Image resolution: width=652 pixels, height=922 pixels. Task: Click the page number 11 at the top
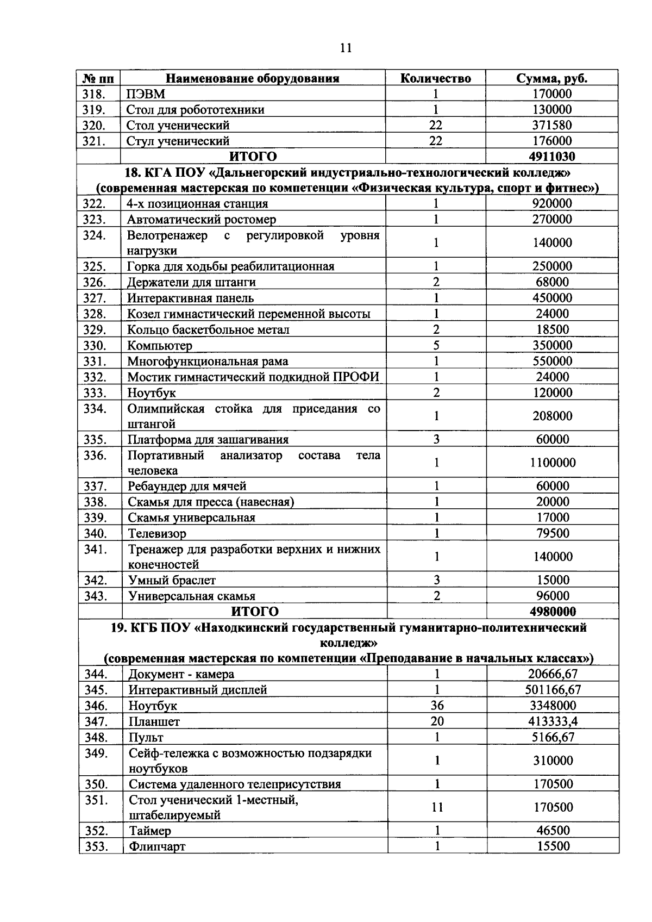point(346,48)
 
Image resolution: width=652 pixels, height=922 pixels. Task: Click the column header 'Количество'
point(435,78)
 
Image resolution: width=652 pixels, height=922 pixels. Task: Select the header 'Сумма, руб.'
point(551,78)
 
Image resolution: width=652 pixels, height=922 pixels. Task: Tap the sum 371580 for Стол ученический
point(551,126)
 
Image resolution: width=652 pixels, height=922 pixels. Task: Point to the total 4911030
point(551,157)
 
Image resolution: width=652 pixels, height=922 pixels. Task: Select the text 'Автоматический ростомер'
point(201,220)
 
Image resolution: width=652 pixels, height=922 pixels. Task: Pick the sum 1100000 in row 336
point(553,463)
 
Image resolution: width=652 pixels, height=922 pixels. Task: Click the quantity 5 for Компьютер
point(436,346)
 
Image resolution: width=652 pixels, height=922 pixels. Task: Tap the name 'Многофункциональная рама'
point(208,362)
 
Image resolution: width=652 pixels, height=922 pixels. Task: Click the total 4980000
point(553,612)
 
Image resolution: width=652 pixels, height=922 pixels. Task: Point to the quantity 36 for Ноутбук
point(437,706)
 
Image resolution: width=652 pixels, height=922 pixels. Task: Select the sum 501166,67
point(553,690)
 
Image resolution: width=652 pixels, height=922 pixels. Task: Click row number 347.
point(96,721)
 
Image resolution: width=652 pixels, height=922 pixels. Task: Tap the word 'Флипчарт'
point(157,847)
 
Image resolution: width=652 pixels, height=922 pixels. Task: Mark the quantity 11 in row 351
point(437,807)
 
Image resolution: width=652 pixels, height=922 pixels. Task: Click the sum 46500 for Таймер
point(553,831)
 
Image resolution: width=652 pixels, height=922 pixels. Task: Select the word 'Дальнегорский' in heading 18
point(259,173)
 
